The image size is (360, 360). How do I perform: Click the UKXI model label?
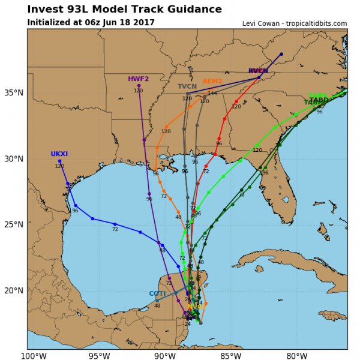pos(59,154)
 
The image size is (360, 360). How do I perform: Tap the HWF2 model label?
pos(138,79)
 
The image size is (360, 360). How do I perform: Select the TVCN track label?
pos(187,86)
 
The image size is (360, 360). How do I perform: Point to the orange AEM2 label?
pos(212,81)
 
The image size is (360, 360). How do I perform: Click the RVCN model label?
pos(258,71)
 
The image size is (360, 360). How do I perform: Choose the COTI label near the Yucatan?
pos(157,293)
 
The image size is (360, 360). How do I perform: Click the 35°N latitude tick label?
pos(14,93)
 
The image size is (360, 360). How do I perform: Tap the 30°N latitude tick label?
pos(14,159)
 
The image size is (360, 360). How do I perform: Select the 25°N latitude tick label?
pos(14,224)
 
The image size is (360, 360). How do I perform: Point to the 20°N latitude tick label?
pos(14,290)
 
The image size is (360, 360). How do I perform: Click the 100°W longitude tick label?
pos(34,355)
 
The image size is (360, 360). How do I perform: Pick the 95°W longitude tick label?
pos(100,355)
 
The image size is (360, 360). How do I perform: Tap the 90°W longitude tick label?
pos(166,355)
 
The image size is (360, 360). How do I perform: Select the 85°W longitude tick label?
pos(231,355)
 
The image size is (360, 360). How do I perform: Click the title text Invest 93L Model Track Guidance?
pos(124,9)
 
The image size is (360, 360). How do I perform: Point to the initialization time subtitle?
pos(91,23)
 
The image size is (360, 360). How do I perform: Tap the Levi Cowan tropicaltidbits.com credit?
pos(295,23)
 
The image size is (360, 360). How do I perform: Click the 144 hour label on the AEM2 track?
pos(212,94)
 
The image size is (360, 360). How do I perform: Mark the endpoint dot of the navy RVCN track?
pos(281,54)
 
